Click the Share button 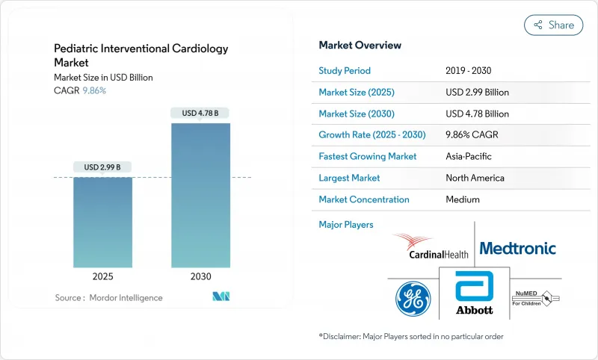click(554, 25)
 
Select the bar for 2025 click(102, 222)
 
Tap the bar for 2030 click(200, 195)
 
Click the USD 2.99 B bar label click(102, 167)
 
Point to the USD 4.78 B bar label click(200, 114)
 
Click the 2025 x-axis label click(102, 276)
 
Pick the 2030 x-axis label click(200, 276)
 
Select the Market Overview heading click(360, 45)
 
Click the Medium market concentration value click(462, 199)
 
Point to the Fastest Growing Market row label click(368, 157)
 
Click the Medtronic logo click(517, 248)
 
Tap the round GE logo click(413, 299)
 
